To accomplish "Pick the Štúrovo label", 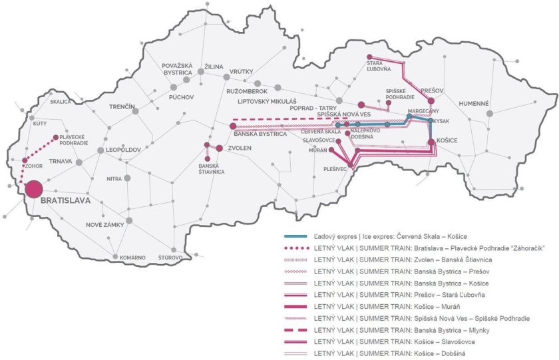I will point(170,256).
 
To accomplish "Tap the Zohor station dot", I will point(25,161).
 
